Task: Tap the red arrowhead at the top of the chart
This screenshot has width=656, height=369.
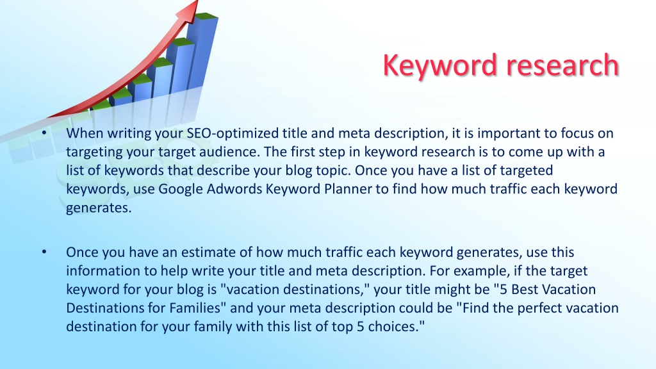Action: tap(188, 11)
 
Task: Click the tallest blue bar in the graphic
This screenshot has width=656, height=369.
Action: tap(202, 53)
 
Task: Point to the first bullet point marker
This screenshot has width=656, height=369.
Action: tap(44, 133)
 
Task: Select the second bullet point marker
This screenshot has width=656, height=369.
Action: tap(44, 252)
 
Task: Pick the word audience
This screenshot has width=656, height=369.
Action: tap(229, 151)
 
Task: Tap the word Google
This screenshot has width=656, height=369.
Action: tap(180, 189)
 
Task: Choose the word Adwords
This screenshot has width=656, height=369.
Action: tap(234, 189)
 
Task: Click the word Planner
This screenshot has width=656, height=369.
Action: tap(348, 189)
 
